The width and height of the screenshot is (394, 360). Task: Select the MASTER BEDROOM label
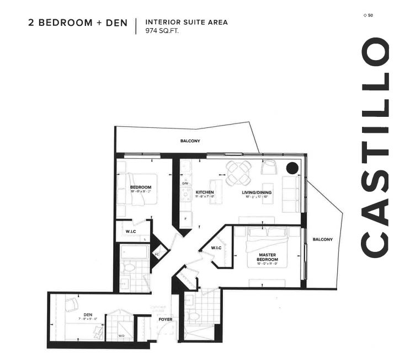[267, 257]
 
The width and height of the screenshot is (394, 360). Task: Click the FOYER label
[165, 319]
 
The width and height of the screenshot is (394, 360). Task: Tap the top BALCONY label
[190, 141]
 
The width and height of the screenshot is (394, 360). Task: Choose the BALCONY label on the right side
[322, 239]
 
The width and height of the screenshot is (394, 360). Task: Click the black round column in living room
[292, 168]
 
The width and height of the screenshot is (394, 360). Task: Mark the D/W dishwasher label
[185, 184]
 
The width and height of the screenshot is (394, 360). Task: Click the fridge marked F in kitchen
[185, 219]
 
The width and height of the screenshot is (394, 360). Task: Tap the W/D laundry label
[121, 335]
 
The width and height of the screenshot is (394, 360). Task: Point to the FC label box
[157, 254]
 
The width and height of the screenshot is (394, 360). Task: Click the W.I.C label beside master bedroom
[216, 247]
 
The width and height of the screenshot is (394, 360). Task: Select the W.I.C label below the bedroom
[131, 230]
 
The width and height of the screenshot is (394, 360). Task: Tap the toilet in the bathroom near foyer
[193, 316]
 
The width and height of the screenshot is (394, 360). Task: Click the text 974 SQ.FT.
[162, 31]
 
